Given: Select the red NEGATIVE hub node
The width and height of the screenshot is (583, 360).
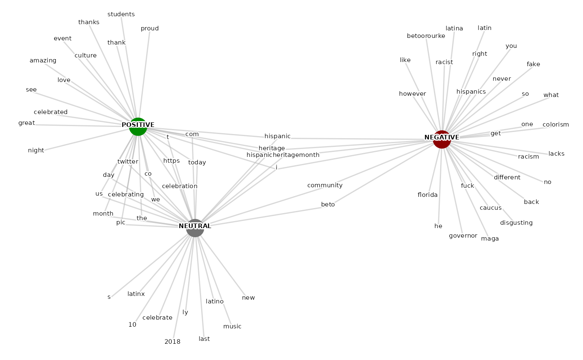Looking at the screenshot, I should pos(442,139).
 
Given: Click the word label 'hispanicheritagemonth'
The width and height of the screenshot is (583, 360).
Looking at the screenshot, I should pos(283,155).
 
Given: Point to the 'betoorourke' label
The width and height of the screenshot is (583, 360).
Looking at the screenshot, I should pos(426,36).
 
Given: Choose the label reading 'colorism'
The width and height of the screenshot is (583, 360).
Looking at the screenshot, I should pos(556,124).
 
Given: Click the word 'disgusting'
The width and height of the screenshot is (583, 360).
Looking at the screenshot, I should pos(516,223).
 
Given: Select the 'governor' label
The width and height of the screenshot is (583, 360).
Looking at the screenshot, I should pos(463,236).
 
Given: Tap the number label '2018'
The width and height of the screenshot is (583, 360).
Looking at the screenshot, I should pos(172,342).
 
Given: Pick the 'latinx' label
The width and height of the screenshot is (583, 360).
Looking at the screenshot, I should pos(136,294).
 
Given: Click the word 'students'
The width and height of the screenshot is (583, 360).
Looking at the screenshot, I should pos(121,14).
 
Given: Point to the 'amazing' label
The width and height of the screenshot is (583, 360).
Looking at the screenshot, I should pos(43,60).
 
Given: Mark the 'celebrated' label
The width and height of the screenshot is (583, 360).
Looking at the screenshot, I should pos(51,112).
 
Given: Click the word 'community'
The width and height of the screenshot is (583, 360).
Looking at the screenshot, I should pos(325,185).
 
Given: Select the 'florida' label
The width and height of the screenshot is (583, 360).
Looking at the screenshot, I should pos(428,195).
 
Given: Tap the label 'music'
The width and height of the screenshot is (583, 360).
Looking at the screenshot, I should pos(232,326).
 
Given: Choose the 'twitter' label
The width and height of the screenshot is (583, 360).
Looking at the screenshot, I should pos(127,161).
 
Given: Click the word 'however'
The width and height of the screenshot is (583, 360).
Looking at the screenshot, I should pos(412,94).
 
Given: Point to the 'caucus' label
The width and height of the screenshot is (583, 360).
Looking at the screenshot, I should pos(490,208).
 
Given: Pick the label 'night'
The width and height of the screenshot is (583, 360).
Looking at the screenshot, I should pos(36,150).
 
